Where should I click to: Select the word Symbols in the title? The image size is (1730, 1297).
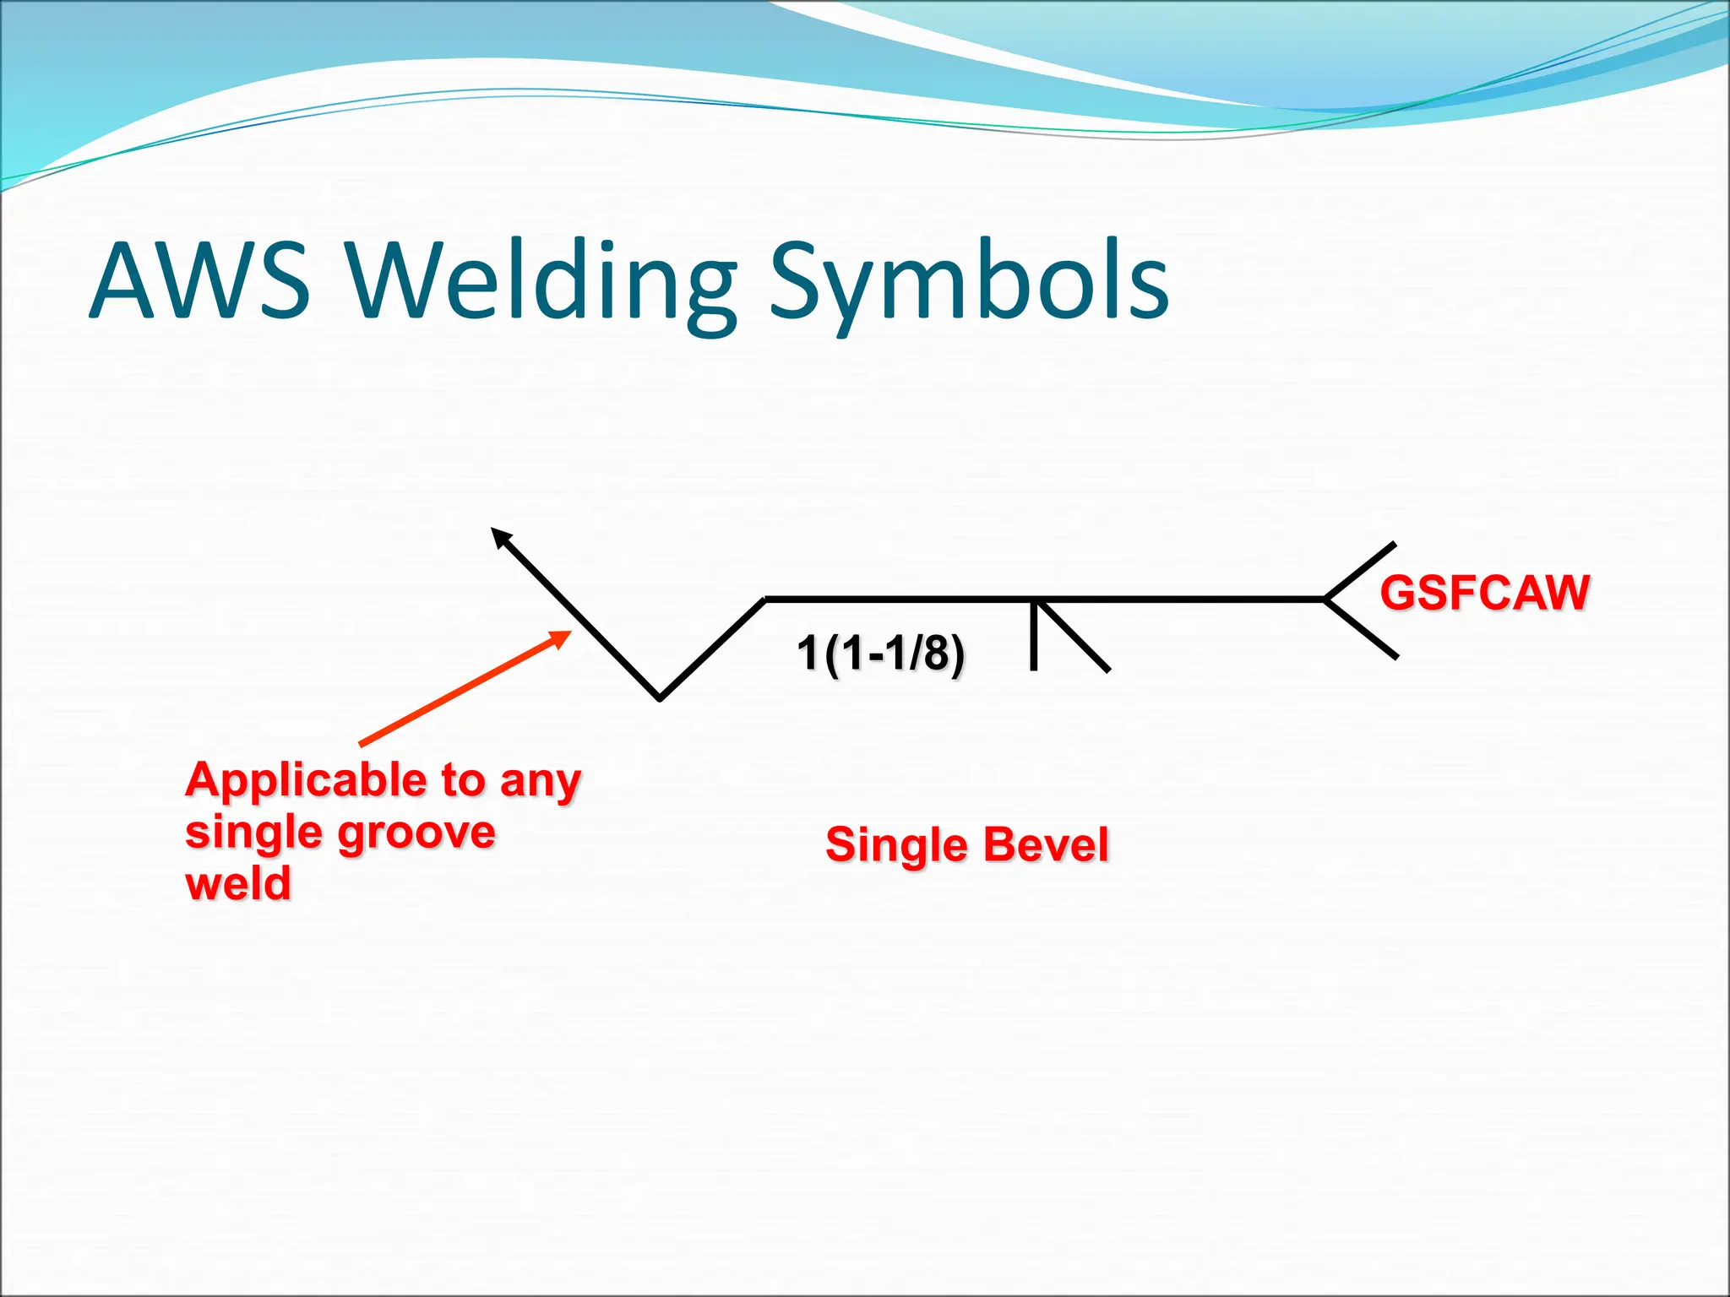[968, 283]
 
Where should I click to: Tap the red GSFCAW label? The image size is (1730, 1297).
[1484, 593]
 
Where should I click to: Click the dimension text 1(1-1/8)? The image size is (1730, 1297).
[880, 654]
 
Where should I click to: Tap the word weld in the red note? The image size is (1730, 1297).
[238, 884]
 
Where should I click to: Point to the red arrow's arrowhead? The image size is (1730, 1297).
[561, 638]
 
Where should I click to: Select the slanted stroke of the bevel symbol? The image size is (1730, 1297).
[1073, 636]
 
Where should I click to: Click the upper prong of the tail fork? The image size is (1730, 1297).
[1360, 571]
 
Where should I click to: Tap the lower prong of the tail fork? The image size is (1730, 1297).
[1362, 628]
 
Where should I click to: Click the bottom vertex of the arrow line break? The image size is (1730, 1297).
[660, 697]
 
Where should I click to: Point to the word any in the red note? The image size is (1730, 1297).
[540, 780]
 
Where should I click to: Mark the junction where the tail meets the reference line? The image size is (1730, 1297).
[1325, 599]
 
